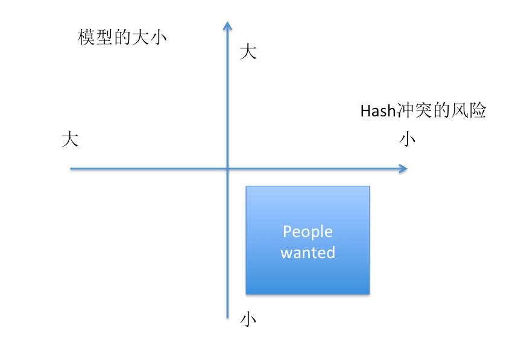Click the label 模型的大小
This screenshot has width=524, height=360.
(122, 37)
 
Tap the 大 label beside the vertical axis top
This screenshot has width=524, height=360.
(248, 52)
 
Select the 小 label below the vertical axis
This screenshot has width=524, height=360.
(248, 319)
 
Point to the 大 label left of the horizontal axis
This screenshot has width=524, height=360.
(70, 140)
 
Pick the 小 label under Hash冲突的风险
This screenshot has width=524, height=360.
(408, 140)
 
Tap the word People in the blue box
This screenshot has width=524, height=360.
(308, 232)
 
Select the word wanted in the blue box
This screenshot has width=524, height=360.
(308, 253)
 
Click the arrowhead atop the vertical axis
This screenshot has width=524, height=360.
(227, 25)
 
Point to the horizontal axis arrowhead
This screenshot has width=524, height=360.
(403, 169)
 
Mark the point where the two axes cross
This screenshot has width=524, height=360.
(227, 169)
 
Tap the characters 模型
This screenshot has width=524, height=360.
(95, 37)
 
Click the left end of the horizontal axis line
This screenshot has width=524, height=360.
(71, 169)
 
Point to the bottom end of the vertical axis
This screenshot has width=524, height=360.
(227, 317)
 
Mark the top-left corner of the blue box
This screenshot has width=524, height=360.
(246, 186)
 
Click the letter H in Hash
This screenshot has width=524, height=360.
(365, 112)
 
